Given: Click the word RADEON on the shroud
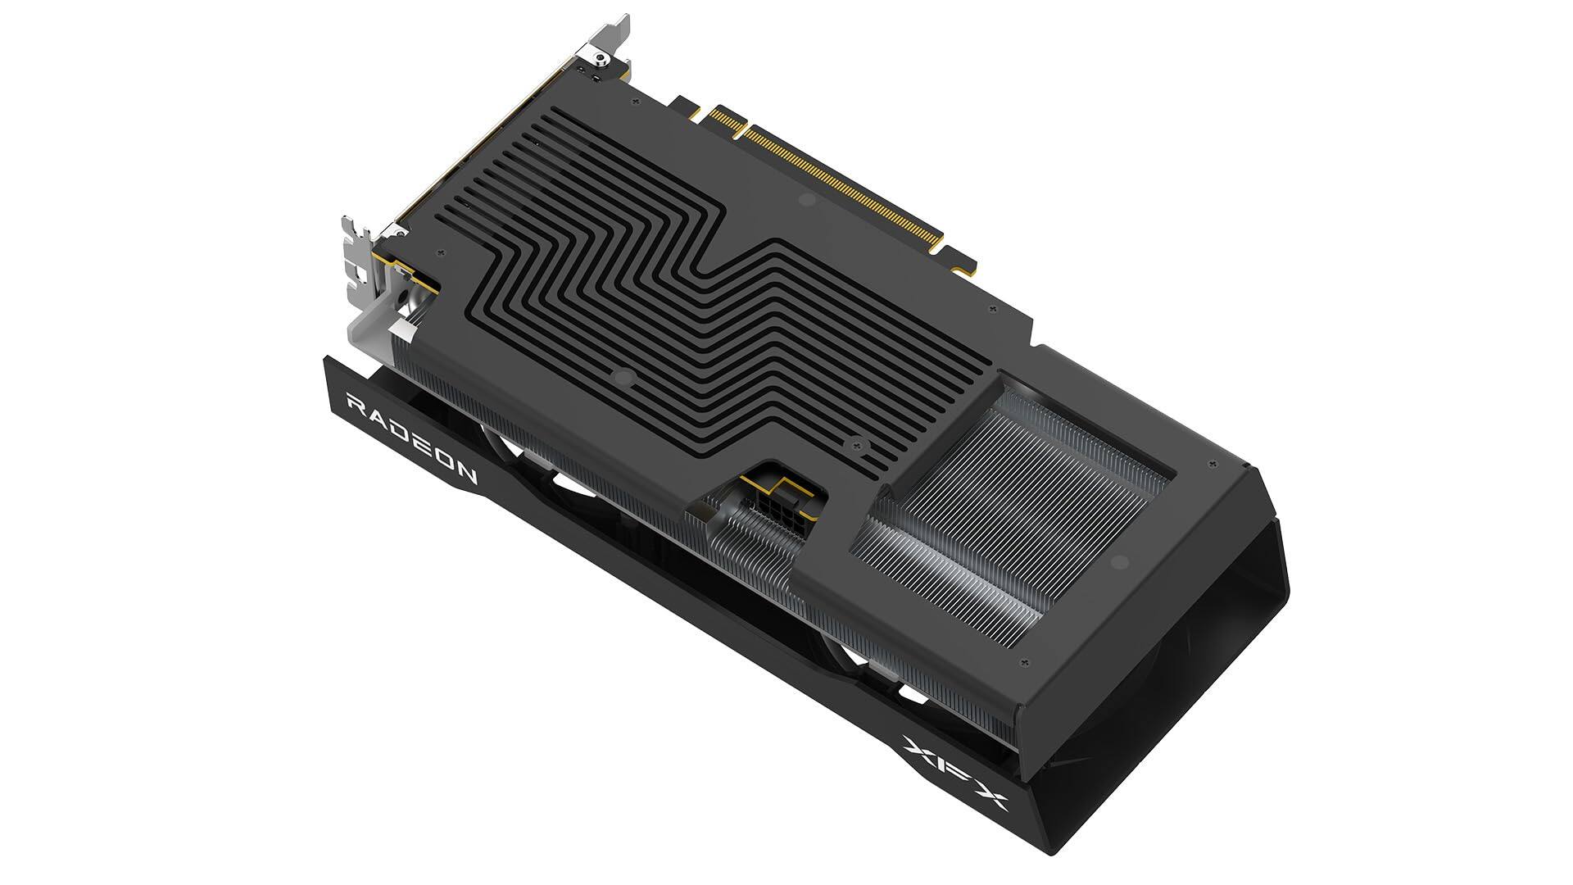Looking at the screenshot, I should [x=412, y=438].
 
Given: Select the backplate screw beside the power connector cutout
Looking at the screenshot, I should [x=859, y=445].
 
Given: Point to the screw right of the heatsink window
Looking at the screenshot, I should [x=1210, y=465].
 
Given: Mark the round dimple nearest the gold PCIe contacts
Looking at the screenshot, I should [x=806, y=199].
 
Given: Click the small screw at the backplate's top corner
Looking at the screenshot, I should [x=636, y=101].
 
